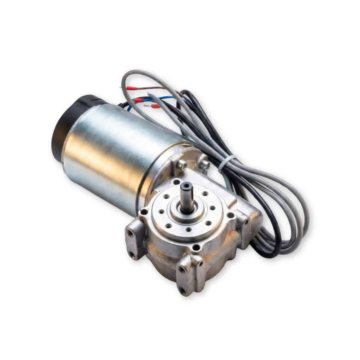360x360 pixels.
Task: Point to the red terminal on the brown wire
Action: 131,88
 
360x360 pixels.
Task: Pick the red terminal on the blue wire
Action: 138,100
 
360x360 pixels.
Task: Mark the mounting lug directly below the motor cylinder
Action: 135,240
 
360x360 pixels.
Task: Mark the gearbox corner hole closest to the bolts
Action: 176,182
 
